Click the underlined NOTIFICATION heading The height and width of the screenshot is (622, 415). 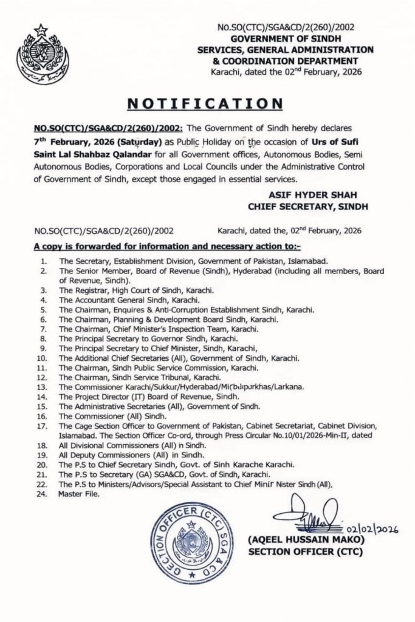click(x=208, y=104)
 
